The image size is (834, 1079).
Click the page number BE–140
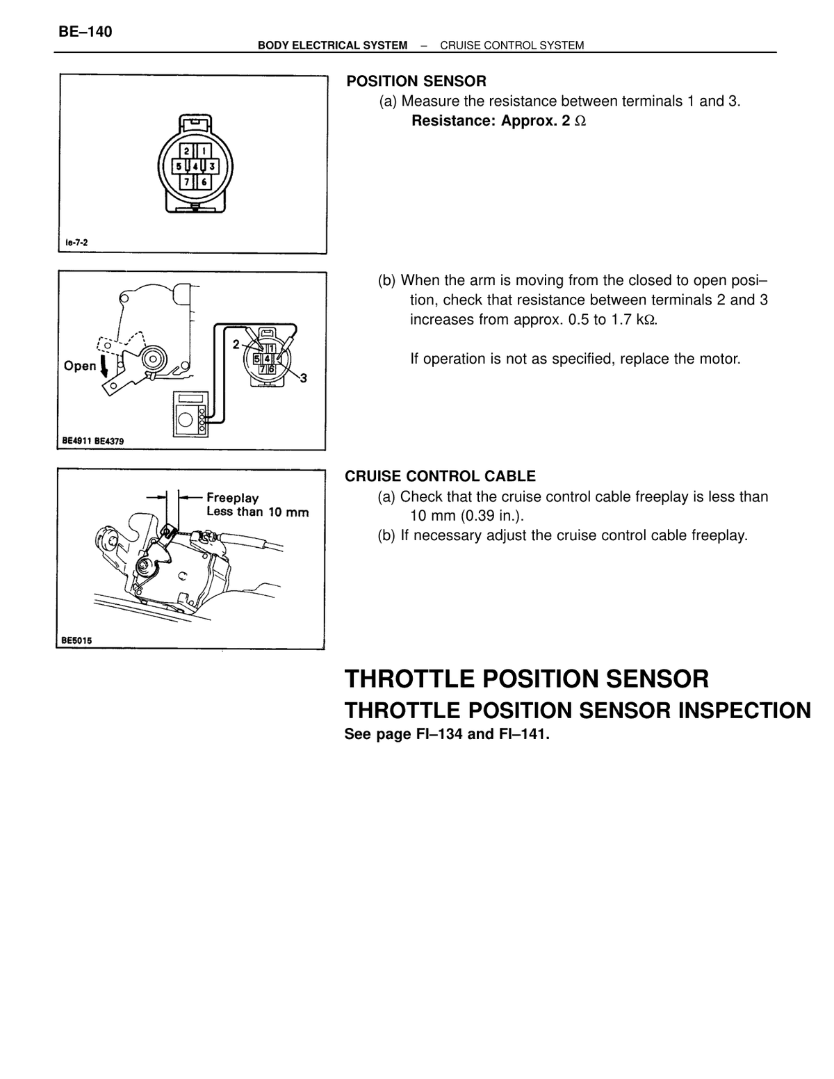point(85,32)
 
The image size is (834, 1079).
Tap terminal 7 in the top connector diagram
point(187,182)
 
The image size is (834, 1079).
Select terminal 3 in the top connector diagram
point(212,166)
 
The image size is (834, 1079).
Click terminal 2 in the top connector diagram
point(187,151)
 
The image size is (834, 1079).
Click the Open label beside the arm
point(80,366)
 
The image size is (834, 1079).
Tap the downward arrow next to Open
point(105,367)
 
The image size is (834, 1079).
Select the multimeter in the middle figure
point(190,414)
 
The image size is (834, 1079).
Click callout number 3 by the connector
point(304,378)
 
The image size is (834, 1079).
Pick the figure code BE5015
point(76,640)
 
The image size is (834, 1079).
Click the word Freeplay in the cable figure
point(233,498)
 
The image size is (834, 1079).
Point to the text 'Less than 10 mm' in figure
point(257,512)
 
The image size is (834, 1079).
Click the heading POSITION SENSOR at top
point(416,81)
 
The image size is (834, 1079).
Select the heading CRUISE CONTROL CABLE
point(440,476)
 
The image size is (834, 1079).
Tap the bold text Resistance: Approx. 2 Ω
point(498,121)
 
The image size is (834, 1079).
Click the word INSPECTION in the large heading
point(744,711)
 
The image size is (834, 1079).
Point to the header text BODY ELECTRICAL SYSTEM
point(332,46)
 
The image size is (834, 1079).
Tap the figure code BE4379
point(108,441)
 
